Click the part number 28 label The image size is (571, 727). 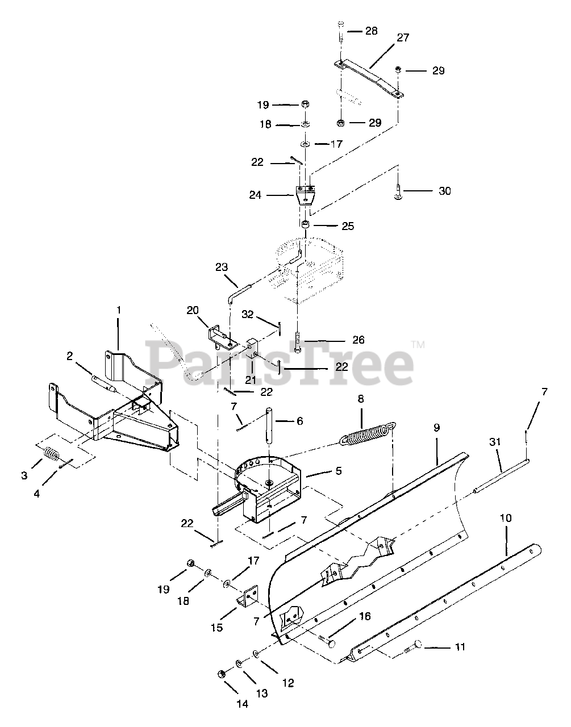pos(371,30)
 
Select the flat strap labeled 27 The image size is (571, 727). pos(369,79)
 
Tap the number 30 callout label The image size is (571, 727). pos(445,191)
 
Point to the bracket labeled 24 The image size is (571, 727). pos(305,196)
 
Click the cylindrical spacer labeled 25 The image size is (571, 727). pos(305,227)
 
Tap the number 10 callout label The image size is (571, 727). pos(506,518)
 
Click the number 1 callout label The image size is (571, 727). pos(119,310)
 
